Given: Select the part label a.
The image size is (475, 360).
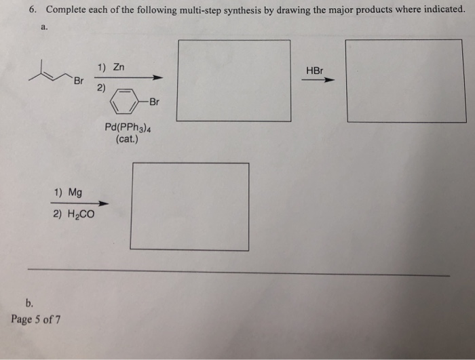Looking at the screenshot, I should [44, 28].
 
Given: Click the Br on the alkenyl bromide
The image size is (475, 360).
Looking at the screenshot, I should [78, 81].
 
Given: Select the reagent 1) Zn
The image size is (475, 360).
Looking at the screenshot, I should [111, 68].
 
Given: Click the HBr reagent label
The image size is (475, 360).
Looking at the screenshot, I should [316, 69].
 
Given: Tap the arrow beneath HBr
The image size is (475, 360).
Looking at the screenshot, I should [318, 80].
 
